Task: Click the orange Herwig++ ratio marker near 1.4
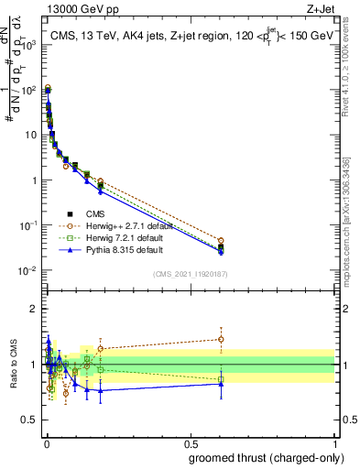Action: tap(221, 340)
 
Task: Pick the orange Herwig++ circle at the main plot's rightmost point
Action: tap(221, 241)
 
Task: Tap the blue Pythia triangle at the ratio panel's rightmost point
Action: tap(221, 384)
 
